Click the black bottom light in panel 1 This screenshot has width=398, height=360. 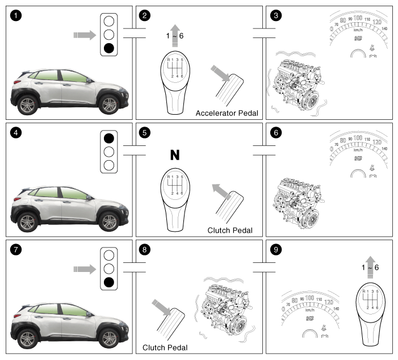click(x=109, y=48)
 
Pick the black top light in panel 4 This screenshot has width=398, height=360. click(x=109, y=138)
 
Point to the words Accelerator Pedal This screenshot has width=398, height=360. click(x=227, y=113)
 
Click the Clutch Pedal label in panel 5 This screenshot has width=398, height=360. click(x=230, y=231)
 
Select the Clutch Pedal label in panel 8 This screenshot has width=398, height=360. click(x=165, y=347)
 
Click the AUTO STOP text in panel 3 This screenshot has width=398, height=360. click(x=358, y=39)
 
